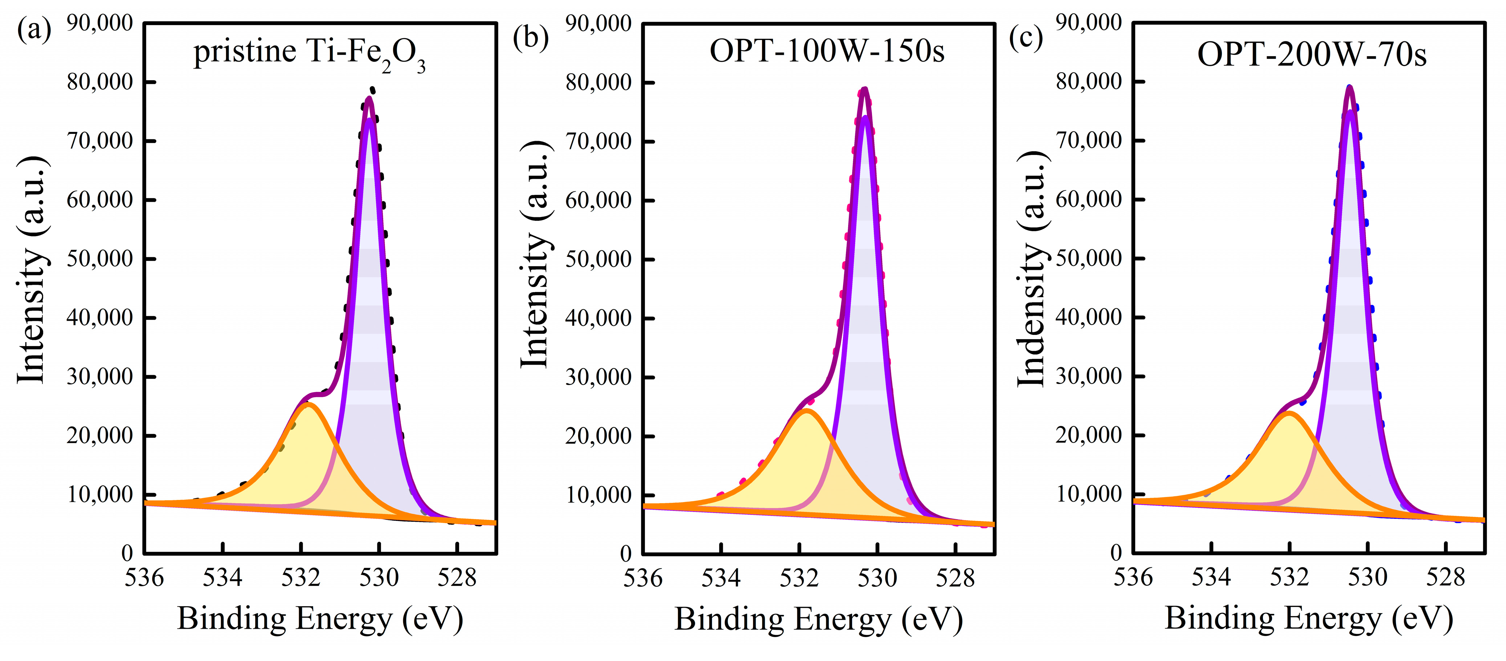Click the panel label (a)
click(x=34, y=29)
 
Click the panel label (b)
click(x=530, y=38)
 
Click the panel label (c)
click(x=1026, y=38)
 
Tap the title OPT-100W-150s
click(x=827, y=52)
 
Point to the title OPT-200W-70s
click(x=1312, y=55)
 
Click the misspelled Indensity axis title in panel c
click(x=1032, y=269)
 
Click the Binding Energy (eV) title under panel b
click(x=818, y=620)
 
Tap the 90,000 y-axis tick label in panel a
click(x=99, y=23)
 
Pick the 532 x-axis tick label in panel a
click(x=300, y=578)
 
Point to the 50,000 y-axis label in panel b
click(x=598, y=259)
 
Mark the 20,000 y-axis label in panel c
click(x=1089, y=435)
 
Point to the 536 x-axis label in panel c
click(x=1133, y=578)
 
